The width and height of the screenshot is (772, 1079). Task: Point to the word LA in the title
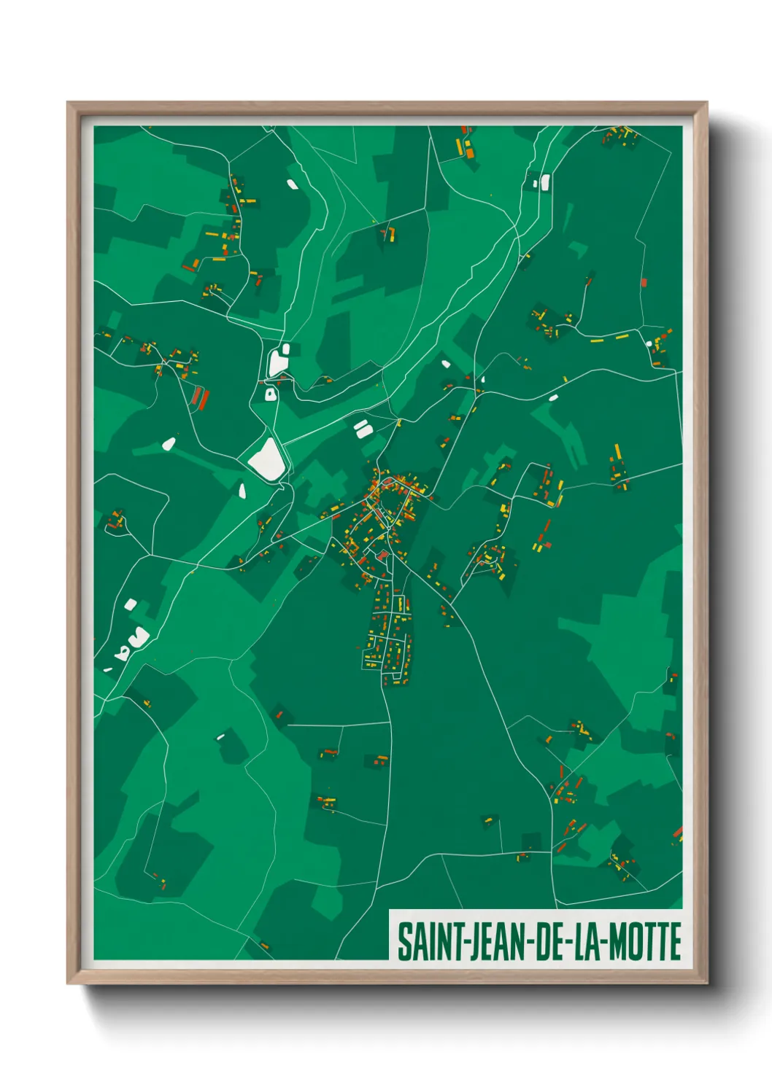pos(587,942)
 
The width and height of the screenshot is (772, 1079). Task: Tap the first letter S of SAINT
pos(404,942)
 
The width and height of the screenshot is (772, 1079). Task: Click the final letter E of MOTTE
pos(675,942)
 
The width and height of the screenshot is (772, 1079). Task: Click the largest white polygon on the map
pos(266,460)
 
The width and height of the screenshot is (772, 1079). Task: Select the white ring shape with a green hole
pos(271,394)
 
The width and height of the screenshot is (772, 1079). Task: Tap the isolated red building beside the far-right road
pos(644,282)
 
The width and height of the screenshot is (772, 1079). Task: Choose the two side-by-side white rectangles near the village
pos(362,428)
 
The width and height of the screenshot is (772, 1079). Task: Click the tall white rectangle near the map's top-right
pos(545,182)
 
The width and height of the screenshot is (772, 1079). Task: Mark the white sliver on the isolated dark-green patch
pos(220,737)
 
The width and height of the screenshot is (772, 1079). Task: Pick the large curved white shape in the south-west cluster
pos(139,638)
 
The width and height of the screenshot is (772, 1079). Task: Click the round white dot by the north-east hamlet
pos(648,343)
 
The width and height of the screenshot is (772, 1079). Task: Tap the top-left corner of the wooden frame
pos(69,104)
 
